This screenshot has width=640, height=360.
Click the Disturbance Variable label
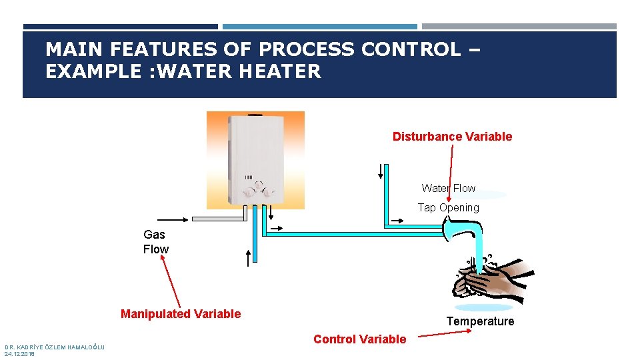tap(452, 137)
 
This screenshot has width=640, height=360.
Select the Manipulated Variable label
tap(181, 314)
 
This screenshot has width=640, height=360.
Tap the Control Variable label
tap(359, 339)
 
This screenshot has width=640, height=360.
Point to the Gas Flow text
tap(156, 242)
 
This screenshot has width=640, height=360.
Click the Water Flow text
tap(449, 189)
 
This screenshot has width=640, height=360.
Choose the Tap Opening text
tap(448, 208)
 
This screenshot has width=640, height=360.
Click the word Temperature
tap(480, 321)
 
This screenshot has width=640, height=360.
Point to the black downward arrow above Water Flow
tap(381, 171)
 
